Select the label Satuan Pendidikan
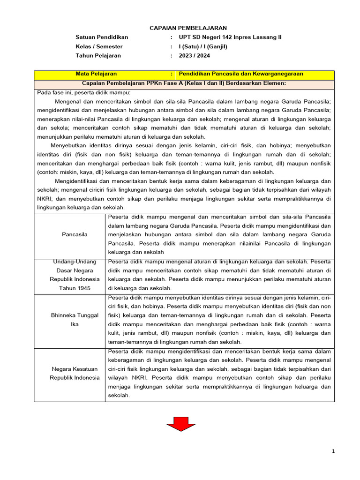coord(102,37)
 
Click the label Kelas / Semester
coord(99,46)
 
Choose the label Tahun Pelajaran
coord(98,55)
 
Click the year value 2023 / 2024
coord(194,55)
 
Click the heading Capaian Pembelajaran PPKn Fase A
coord(184,83)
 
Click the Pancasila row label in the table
coord(75,234)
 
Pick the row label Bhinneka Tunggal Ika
coord(75,320)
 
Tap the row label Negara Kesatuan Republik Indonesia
coord(75,373)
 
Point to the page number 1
coord(333,451)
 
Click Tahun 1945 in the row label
coord(75,288)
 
